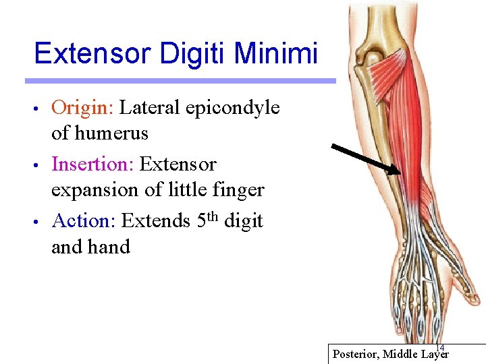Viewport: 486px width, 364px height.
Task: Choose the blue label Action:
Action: (84, 221)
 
